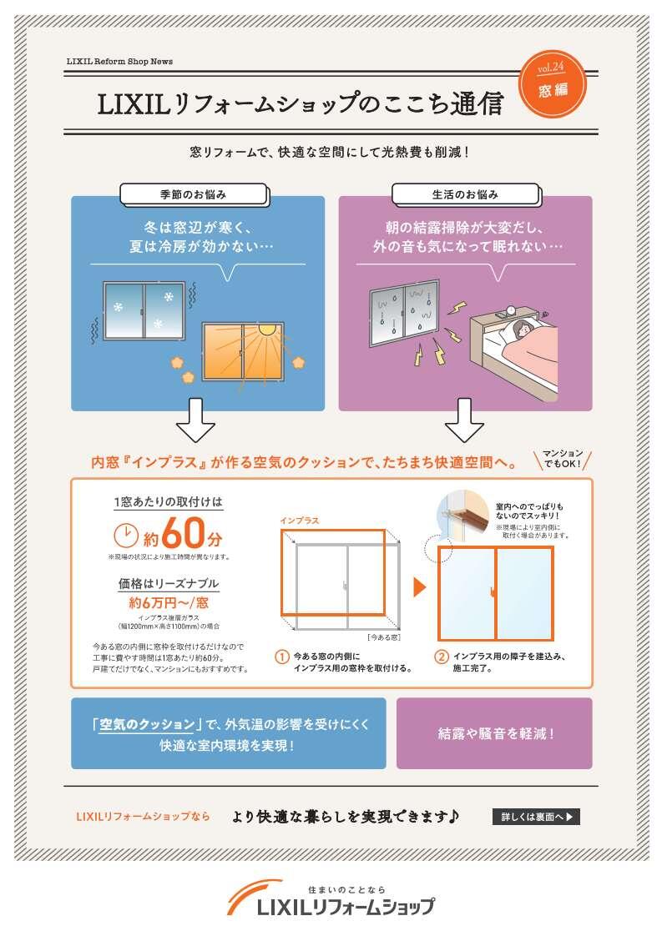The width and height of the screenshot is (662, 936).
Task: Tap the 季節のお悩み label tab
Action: click(193, 194)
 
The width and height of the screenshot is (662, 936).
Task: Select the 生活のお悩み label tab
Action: click(465, 194)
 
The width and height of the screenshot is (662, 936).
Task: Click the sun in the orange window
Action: click(267, 328)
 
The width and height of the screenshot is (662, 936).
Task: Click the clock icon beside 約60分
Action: click(125, 535)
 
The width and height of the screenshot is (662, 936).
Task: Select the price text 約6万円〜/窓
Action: click(168, 601)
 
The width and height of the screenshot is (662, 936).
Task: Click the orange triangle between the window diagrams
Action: click(420, 587)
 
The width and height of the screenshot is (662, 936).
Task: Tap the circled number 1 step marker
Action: click(282, 657)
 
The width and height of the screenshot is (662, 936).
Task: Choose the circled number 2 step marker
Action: click(441, 657)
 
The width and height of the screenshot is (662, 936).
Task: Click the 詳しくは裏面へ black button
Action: click(536, 817)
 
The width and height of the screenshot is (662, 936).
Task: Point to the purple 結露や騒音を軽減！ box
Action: click(494, 733)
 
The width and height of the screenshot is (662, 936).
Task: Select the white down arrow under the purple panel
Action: click(464, 420)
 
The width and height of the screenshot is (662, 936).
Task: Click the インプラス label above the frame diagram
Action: click(299, 521)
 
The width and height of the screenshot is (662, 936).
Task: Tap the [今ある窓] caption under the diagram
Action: click(384, 637)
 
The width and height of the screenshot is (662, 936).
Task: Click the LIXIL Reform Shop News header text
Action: click(119, 62)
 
